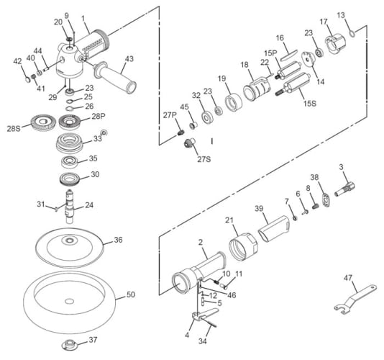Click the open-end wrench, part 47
pyautogui.click(x=355, y=299)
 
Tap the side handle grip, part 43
pyautogui.click(x=114, y=77)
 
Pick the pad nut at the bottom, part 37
pyautogui.click(x=70, y=345)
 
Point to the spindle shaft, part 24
pyautogui.click(x=69, y=206)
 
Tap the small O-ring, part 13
pyautogui.click(x=352, y=34)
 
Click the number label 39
pyautogui.click(x=259, y=209)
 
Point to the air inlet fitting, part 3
pyautogui.click(x=344, y=189)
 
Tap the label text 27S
pyautogui.click(x=204, y=159)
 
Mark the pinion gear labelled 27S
pyautogui.click(x=189, y=143)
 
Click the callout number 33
pyautogui.click(x=98, y=138)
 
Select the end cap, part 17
pyautogui.click(x=335, y=44)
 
